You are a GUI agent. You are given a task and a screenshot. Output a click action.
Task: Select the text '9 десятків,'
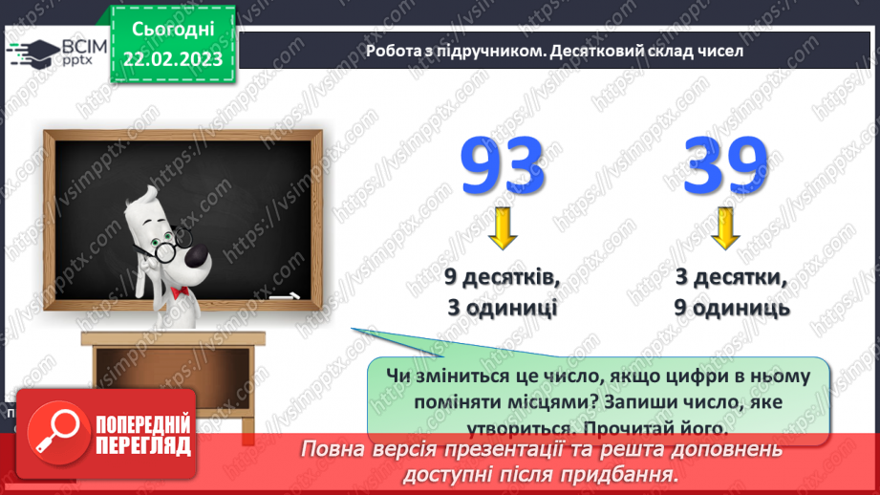(x=502, y=279)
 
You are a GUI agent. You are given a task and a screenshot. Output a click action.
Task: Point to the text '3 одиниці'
(x=502, y=309)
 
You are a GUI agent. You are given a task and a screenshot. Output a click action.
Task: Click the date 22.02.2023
(x=172, y=60)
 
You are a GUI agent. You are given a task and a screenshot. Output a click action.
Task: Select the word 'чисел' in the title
(x=719, y=52)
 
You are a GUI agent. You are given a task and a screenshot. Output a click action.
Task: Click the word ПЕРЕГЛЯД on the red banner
(x=143, y=446)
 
